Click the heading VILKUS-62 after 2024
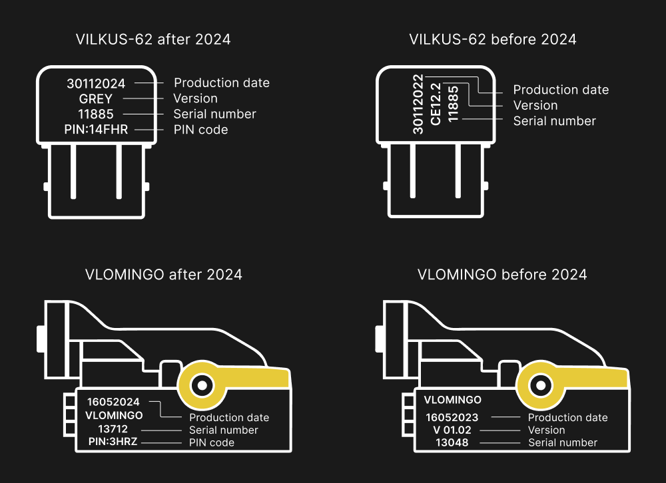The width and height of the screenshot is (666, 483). (153, 39)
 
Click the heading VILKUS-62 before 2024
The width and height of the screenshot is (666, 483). (492, 39)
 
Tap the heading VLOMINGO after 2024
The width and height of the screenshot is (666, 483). (164, 274)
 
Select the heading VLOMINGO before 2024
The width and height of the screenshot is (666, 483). (502, 274)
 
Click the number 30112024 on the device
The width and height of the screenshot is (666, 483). (96, 83)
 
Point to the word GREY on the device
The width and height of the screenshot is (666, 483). (96, 98)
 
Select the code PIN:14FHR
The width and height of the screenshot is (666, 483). (96, 130)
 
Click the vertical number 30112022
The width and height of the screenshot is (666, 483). (418, 104)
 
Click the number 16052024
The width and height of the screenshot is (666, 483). (113, 402)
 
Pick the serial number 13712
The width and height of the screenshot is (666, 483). (113, 429)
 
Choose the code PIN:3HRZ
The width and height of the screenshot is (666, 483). (113, 442)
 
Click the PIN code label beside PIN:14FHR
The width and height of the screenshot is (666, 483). (200, 130)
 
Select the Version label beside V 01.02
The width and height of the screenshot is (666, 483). (546, 430)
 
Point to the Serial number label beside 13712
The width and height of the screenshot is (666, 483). (223, 430)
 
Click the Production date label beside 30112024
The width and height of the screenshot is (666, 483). (222, 83)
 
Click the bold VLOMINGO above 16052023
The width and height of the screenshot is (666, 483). (452, 400)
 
